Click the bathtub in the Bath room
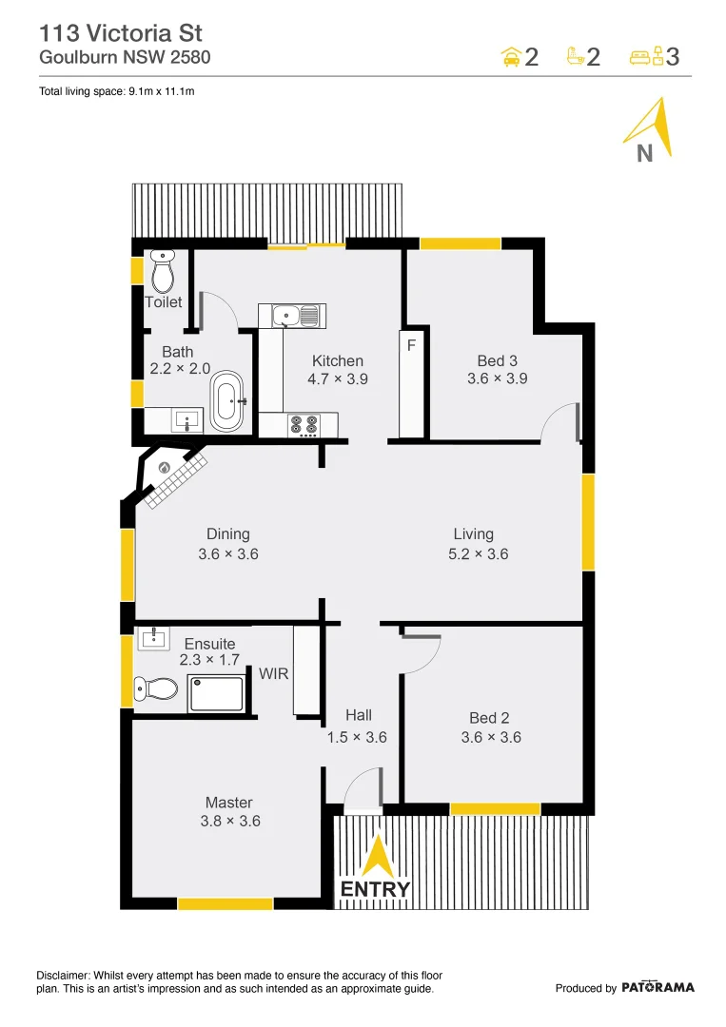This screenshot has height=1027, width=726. tap(227, 401)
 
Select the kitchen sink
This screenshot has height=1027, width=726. tap(291, 315)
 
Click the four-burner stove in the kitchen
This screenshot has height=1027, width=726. tap(304, 424)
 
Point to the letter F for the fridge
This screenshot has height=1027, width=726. tap(411, 345)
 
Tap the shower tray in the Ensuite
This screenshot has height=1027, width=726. tap(217, 693)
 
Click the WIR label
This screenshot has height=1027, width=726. tap(274, 673)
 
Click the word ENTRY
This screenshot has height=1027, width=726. tap(376, 890)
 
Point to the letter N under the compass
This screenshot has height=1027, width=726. tap(644, 153)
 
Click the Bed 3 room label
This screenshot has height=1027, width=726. tap(498, 360)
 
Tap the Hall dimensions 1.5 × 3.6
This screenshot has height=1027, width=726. tap(358, 736)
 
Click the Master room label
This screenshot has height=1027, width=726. tap(229, 803)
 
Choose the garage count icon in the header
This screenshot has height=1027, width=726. tap(512, 57)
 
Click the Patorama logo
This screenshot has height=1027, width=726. tap(657, 987)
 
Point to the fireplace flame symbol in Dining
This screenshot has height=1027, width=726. tap(165, 468)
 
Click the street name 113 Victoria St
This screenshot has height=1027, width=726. tap(120, 33)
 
